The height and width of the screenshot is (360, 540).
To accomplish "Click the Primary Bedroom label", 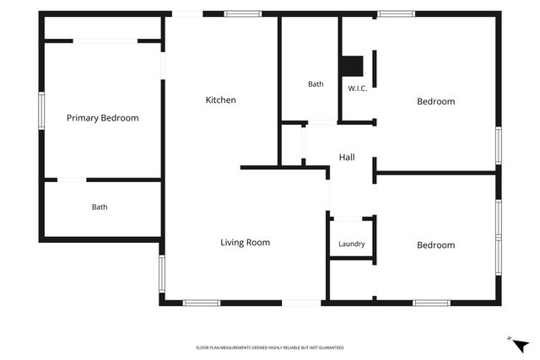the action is pos(103,118).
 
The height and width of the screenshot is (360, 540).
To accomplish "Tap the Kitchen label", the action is pos(221,99).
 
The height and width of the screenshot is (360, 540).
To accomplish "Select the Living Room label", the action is pos(246,242).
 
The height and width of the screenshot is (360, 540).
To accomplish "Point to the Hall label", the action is pos(347,158).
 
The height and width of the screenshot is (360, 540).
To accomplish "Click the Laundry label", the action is pos(352,244).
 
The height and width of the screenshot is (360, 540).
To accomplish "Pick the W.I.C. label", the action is pos(358,89).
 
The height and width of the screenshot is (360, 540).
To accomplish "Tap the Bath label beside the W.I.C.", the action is pos(316,84).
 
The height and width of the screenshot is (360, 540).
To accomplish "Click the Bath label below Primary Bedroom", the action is pos(100,207).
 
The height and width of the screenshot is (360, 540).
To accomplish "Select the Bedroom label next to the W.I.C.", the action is pos(436,101).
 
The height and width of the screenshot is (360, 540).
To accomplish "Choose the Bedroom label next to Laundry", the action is pos(436,245).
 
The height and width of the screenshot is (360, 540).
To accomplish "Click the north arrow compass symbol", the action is pos(520,345).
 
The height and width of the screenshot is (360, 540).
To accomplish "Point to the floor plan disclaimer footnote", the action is pos(270,347).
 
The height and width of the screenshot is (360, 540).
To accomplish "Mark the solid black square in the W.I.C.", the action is pos(352,66).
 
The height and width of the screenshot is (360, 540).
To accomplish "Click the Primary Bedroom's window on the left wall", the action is pos(41,110).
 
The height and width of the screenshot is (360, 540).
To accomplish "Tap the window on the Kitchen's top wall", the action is pos(243,13).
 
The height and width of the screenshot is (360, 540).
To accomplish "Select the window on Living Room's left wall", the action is pos(162,274).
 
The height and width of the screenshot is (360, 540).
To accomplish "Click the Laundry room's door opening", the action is pos(348,218).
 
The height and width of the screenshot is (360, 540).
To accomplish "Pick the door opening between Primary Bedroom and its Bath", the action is pos(72,180).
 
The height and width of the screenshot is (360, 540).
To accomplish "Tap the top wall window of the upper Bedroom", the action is pos(396,13).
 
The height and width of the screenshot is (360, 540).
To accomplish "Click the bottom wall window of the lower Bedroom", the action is pos(431,303).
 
